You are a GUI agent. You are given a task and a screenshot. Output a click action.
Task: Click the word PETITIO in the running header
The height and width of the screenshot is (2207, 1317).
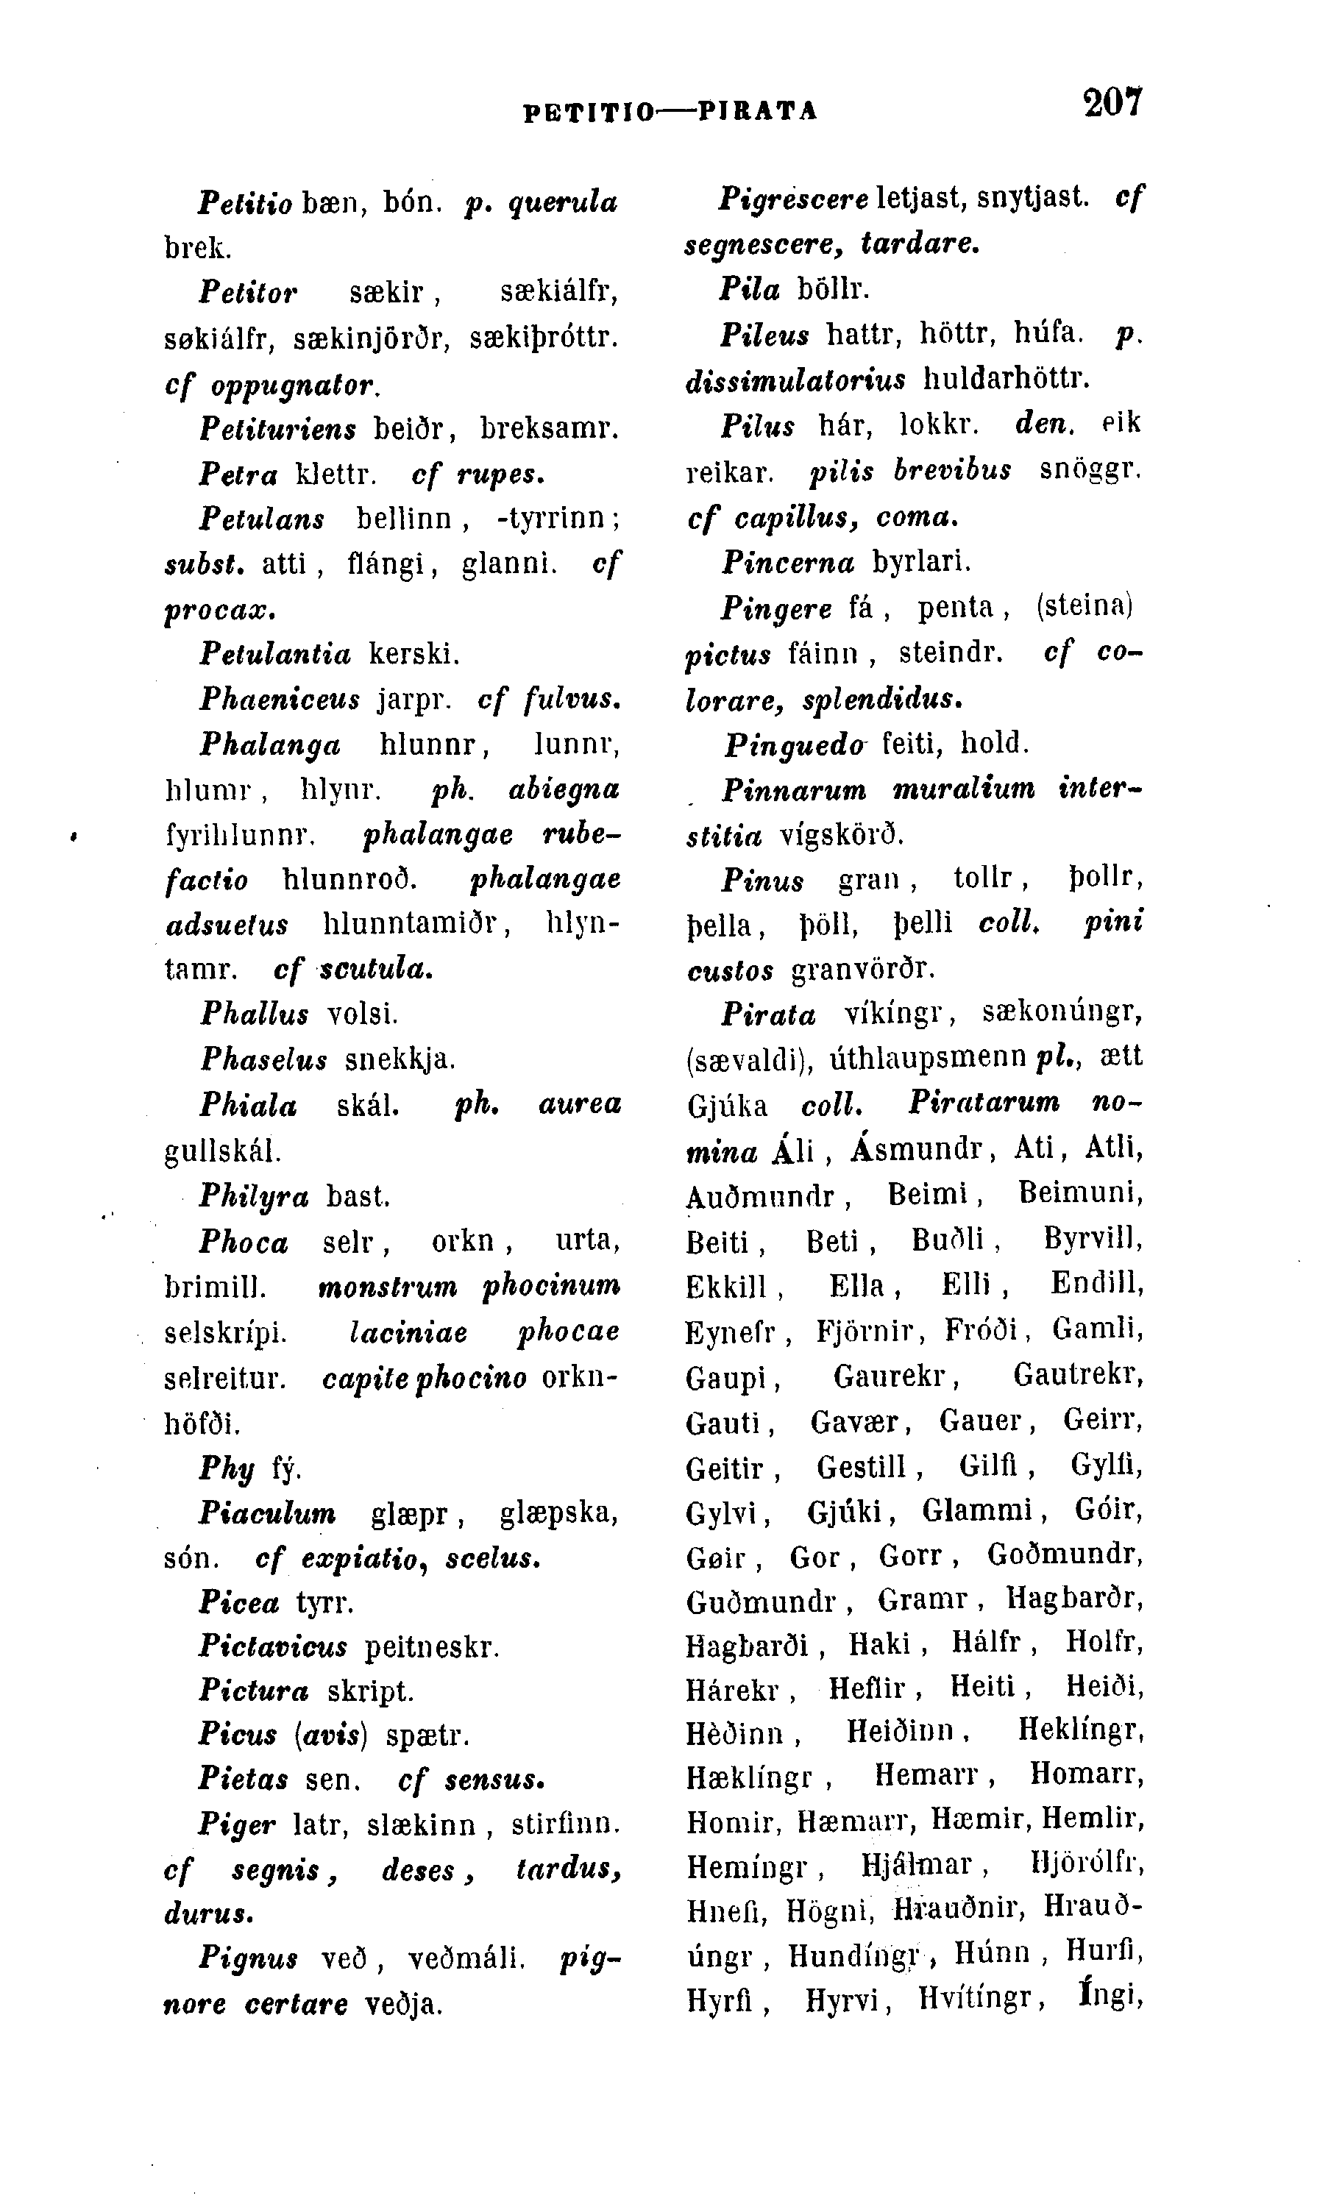tap(588, 111)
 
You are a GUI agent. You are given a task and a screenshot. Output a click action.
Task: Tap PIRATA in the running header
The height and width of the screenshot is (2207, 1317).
tap(758, 111)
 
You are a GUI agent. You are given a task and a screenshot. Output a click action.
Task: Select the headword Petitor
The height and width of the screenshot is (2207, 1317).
tap(248, 291)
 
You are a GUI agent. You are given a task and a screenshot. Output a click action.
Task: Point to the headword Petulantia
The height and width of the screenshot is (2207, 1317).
tap(275, 654)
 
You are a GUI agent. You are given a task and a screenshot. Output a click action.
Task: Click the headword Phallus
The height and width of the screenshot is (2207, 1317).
tap(255, 1014)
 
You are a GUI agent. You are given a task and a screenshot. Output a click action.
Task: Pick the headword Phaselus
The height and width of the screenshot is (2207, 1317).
tap(263, 1059)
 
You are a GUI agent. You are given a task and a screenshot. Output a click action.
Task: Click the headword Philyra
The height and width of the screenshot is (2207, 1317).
tap(254, 1197)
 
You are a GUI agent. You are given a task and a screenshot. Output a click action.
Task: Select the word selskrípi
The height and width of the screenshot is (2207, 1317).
tap(225, 1333)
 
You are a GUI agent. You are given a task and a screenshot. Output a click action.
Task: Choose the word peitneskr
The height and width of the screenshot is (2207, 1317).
tap(432, 1648)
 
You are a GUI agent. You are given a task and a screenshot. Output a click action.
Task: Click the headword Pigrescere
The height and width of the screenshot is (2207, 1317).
tap(792, 198)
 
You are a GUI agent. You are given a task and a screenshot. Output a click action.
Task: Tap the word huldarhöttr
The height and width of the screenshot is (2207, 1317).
tap(1007, 379)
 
